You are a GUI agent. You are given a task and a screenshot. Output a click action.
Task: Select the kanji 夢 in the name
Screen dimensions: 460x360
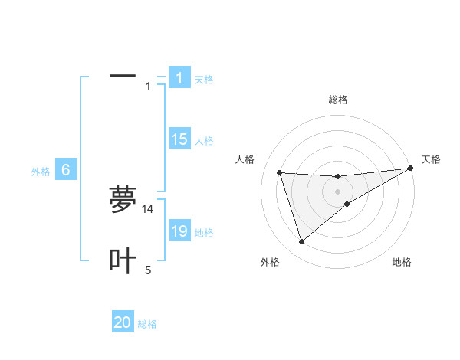click(x=123, y=200)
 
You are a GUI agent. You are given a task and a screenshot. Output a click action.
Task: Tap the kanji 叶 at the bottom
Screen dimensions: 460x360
click(x=123, y=261)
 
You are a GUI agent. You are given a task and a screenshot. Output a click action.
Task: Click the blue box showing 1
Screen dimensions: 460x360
click(x=179, y=78)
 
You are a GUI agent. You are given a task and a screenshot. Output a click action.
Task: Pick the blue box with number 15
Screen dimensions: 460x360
click(x=179, y=139)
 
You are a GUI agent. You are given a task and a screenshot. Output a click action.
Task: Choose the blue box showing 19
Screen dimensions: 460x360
click(x=179, y=231)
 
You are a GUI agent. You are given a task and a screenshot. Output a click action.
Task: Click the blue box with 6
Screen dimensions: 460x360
click(x=66, y=170)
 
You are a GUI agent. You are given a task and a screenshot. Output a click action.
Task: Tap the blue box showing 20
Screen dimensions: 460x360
click(x=123, y=323)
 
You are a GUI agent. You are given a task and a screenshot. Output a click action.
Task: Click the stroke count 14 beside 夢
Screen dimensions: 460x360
click(x=148, y=209)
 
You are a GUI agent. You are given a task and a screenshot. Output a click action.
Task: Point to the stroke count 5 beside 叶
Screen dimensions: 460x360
click(x=148, y=270)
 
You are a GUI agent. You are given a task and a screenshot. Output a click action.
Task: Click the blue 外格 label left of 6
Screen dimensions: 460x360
click(x=41, y=172)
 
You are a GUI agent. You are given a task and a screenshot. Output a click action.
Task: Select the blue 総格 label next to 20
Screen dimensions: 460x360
click(x=147, y=325)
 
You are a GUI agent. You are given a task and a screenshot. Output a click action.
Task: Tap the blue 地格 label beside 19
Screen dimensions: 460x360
click(x=204, y=233)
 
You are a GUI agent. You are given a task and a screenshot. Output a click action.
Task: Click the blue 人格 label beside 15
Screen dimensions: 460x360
click(x=204, y=141)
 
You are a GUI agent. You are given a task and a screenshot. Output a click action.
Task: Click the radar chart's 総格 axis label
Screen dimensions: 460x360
click(x=337, y=100)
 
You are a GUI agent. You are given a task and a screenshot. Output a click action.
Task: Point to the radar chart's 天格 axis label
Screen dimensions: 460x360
click(x=431, y=159)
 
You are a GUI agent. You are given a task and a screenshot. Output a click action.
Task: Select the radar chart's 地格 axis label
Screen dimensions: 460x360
click(x=402, y=262)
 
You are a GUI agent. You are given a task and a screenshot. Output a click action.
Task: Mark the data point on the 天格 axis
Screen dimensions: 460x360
click(x=410, y=169)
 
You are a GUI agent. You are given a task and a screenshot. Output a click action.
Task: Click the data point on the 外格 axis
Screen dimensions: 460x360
click(x=301, y=242)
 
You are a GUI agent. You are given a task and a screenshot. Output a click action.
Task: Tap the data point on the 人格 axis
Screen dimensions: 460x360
click(x=279, y=172)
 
